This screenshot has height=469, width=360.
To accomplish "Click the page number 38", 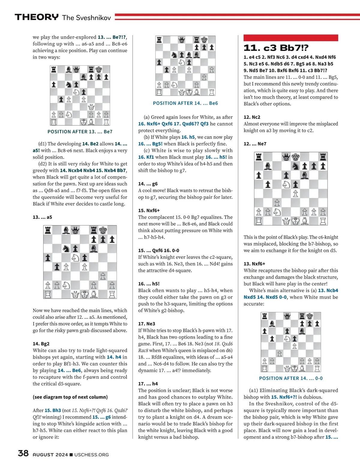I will pos(23,453).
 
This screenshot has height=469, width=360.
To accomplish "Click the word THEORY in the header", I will pos(37,17).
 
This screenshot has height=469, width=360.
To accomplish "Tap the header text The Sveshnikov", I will pos(86,18).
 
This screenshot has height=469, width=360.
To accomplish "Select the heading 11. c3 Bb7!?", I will pos(276,48).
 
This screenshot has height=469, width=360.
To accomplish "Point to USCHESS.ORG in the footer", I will pos(91,455).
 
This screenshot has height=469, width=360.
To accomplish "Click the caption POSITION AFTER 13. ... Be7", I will pos(80,132).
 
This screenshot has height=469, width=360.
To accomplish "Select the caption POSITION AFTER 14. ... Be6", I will pos(185,103).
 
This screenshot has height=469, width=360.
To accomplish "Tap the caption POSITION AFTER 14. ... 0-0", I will pos(291,378).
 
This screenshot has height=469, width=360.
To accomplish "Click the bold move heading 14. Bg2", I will pos(41,344).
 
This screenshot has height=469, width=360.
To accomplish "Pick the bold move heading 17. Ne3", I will pos(146,324).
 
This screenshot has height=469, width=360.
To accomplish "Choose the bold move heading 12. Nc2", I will pos(252,117).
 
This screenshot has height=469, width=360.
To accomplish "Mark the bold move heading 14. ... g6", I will pos(148,184).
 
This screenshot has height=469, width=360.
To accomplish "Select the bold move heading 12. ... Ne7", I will pos(255,144).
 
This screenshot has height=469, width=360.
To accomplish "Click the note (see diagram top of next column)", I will pos(70,397).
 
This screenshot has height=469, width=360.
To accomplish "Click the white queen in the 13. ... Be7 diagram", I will pos(91,107).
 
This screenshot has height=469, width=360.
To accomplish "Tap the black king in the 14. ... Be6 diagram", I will pos(204,40).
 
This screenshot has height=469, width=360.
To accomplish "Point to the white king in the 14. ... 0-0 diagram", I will pos(295,369).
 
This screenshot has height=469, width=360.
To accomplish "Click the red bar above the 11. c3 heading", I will pos(291,38).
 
